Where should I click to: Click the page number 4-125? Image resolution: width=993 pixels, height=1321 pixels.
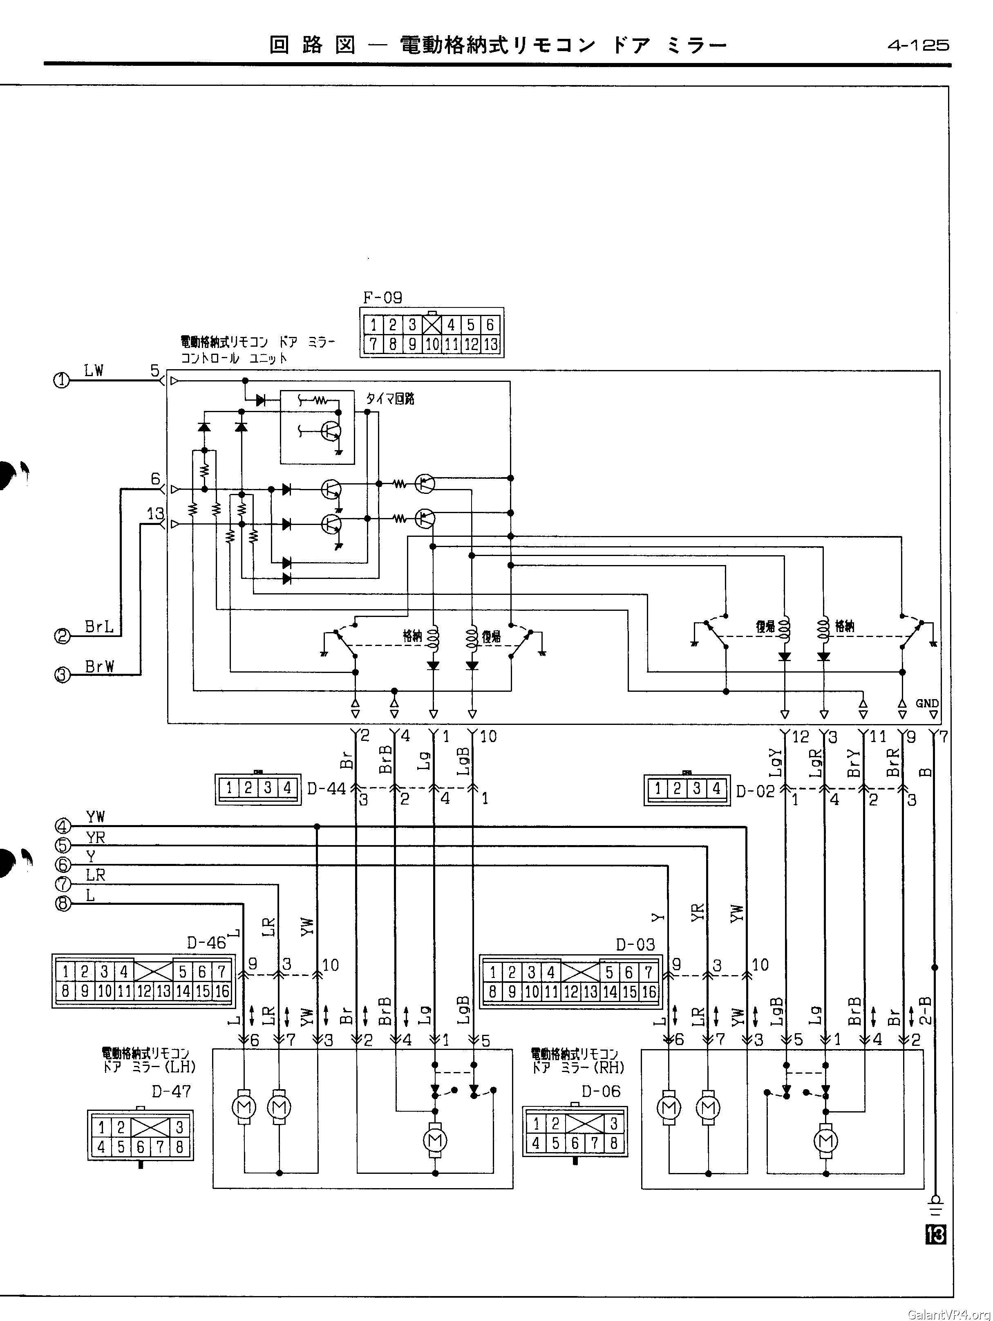918,45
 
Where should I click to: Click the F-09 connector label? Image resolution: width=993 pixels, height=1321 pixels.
382,297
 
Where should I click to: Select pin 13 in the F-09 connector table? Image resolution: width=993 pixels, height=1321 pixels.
490,345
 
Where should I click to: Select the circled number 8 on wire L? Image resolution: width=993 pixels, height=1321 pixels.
62,904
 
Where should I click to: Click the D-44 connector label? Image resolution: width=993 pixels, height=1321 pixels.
327,789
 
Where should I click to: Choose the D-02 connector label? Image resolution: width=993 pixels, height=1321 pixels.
755,791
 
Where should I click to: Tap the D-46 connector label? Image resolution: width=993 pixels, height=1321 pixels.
206,942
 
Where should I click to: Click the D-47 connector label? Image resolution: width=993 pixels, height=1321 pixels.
171,1091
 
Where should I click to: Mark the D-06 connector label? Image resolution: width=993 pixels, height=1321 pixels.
601,1091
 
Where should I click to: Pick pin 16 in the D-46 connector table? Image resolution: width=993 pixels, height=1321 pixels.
221,992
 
